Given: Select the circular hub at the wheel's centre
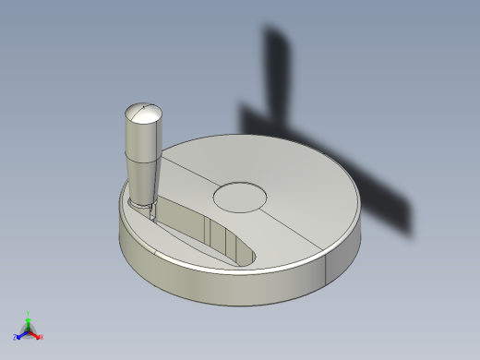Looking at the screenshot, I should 240,196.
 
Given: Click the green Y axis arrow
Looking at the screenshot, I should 28,320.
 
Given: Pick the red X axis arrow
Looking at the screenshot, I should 36,335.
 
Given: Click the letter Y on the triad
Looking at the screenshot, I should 28,314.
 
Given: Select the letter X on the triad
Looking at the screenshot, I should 42,338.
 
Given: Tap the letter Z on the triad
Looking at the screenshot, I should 16,338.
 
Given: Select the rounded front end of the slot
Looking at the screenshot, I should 247,254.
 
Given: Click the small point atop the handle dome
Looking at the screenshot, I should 144,109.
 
